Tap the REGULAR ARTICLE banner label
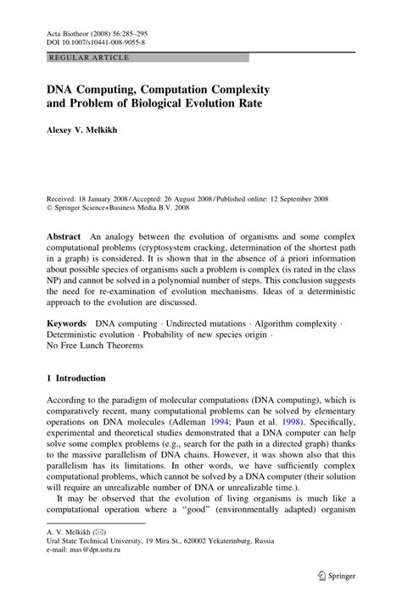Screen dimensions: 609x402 (89, 57)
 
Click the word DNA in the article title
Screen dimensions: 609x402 (60, 89)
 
